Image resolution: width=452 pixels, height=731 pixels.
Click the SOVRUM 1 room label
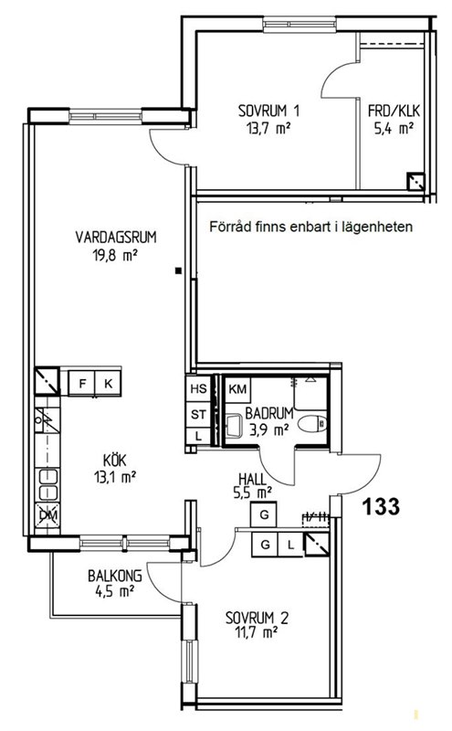268,111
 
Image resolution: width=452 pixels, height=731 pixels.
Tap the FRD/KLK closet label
394,111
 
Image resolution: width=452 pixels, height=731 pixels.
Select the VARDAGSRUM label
116,238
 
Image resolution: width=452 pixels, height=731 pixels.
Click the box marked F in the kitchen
82,384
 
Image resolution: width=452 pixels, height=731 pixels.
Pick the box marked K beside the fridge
108,384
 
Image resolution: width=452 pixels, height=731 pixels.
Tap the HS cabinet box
198,387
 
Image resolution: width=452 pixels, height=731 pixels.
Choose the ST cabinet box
198,414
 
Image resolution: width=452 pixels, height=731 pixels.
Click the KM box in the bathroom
237,389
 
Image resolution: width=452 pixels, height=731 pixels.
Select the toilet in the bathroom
313,424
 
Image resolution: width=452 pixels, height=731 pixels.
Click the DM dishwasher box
48,515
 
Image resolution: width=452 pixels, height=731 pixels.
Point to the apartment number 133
381,506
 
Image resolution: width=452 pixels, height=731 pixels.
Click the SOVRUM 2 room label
257,619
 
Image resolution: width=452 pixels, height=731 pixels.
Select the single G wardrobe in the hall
264,514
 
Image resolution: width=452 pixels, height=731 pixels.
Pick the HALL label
252,479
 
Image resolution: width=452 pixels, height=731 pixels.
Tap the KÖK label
115,461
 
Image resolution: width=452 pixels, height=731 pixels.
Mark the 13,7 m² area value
268,128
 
